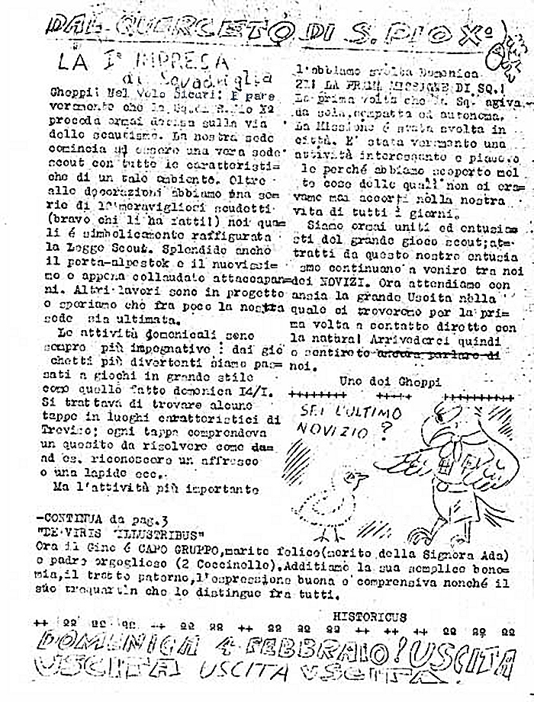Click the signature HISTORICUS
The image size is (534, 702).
tap(370, 616)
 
